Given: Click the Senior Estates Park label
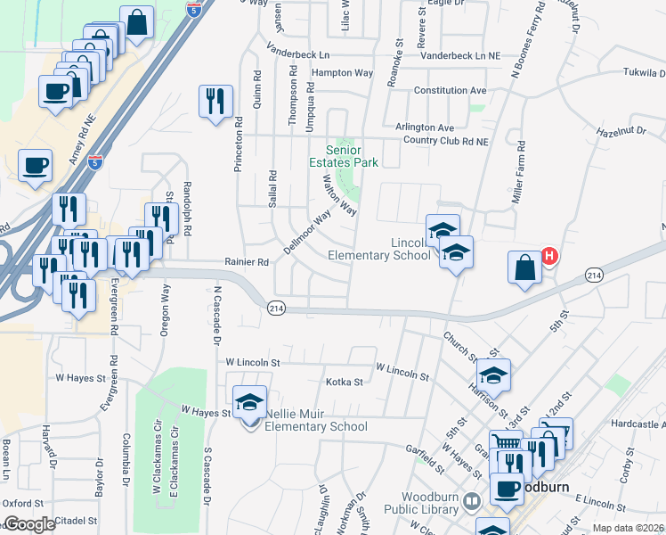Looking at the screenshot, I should pos(343,156).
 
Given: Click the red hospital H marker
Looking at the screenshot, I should pos(549,257).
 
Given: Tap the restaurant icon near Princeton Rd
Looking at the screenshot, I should pos(215,102).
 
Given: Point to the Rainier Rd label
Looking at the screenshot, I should pos(247,262).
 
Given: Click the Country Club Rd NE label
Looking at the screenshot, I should pos(445,141).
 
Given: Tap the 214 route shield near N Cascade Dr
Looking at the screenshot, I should pos(276,308).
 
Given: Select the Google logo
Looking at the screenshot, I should pos(28,524).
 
